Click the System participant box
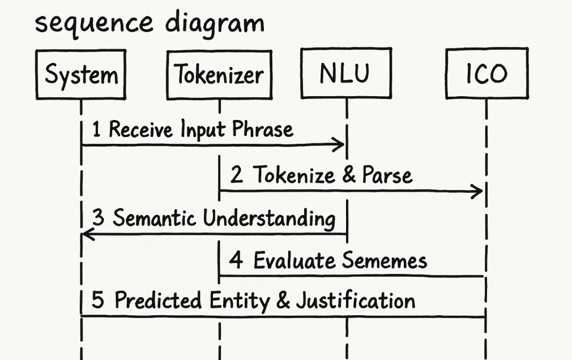pos(81,75)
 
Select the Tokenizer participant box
pos(219,75)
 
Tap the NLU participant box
pos(346,74)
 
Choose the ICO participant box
pos(486,74)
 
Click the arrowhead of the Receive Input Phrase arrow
pos(339,145)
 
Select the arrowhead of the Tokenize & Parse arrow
pos(477,191)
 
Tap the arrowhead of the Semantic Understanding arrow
pos(88,233)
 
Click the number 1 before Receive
pos(96,130)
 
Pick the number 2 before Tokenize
pos(237,175)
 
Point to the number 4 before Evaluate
pos(236,261)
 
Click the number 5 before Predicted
pos(98,300)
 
